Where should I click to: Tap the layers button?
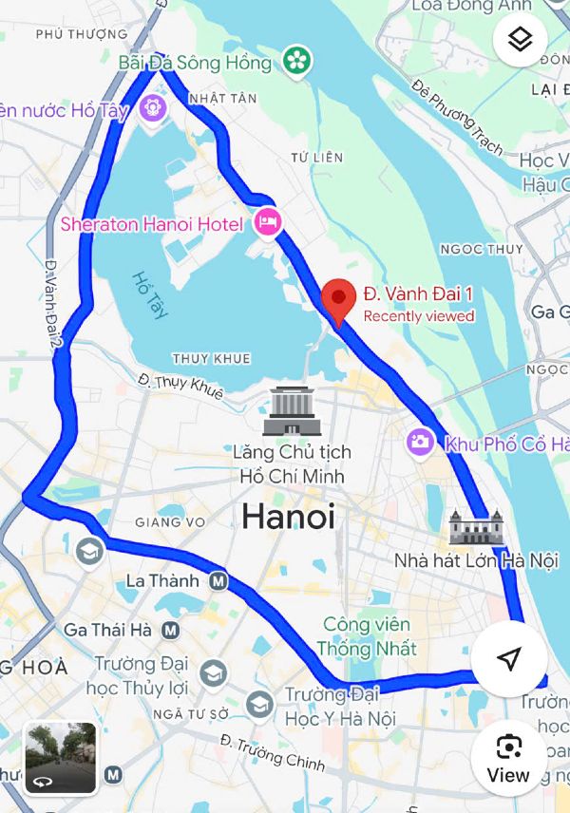pyautogui.click(x=520, y=40)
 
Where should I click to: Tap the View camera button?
pyautogui.click(x=508, y=757)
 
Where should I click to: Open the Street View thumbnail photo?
pyautogui.click(x=60, y=757)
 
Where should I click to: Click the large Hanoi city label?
pyautogui.click(x=288, y=517)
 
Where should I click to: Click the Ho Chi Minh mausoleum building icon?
pyautogui.click(x=292, y=411)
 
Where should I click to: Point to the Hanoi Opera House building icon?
pyautogui.click(x=475, y=527)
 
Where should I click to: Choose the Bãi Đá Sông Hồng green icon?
pyautogui.click(x=298, y=62)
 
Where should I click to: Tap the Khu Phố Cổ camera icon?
pyautogui.click(x=419, y=442)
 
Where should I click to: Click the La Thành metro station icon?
pyautogui.click(x=218, y=580)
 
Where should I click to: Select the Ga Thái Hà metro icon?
pyautogui.click(x=171, y=629)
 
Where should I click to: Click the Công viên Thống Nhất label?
pyautogui.click(x=367, y=636)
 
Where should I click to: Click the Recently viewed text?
pyautogui.click(x=419, y=316)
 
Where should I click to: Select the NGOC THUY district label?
pyautogui.click(x=482, y=249)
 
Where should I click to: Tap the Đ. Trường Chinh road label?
pyautogui.click(x=272, y=750)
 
